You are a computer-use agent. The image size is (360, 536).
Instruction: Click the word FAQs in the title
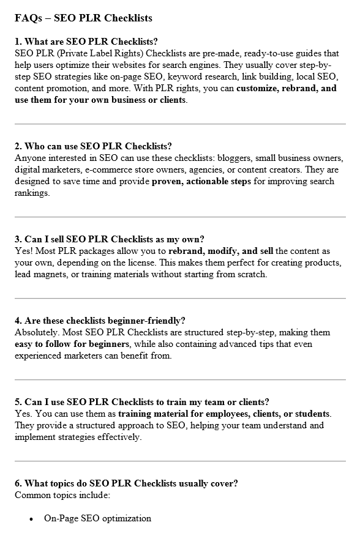coord(28,18)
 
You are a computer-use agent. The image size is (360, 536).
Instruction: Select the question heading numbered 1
coord(86,42)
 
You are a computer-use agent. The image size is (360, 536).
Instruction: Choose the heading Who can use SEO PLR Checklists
coord(93,146)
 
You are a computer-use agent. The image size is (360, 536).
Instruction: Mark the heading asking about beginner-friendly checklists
coord(100,321)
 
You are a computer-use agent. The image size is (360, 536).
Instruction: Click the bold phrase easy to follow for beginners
coord(72,344)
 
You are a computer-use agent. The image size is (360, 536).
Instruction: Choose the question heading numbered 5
coord(141,402)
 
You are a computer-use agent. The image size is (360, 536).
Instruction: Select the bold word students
coord(312,414)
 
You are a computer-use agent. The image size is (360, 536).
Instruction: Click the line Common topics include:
coord(62,494)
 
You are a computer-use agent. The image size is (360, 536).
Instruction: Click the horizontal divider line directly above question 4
coord(180,298)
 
